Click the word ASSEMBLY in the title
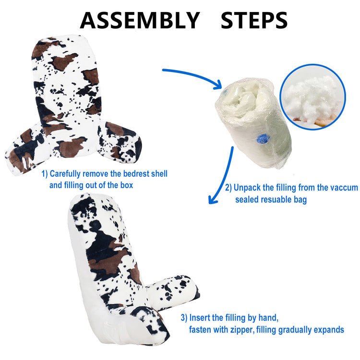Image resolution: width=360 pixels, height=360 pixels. coord(140,20)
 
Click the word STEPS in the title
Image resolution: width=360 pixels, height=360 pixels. coord(254,20)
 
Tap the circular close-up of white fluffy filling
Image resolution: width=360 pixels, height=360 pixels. coord(312,97)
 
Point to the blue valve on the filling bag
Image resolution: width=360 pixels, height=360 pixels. coord(263,139)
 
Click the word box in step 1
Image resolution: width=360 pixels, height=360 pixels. coord(127,185)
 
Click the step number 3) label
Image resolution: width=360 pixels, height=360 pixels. coord(184,318)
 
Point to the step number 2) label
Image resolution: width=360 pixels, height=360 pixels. coord(228,188)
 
